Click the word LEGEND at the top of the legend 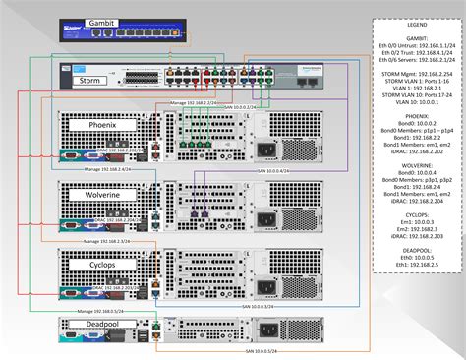point(414,25)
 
